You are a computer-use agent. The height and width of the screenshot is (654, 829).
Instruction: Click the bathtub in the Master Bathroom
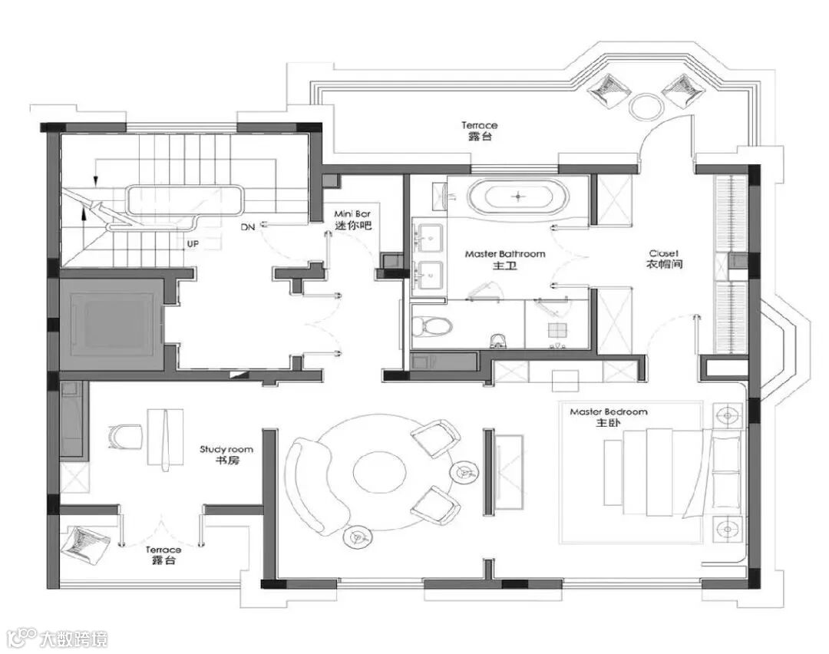click(518, 197)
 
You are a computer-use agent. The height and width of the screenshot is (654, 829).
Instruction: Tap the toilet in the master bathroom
click(431, 325)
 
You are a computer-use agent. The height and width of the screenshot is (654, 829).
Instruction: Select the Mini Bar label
click(352, 220)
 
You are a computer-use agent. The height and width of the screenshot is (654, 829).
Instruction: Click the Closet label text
click(664, 259)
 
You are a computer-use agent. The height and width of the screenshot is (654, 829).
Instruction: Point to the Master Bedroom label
click(609, 417)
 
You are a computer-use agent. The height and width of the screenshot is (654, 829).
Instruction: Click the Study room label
click(226, 454)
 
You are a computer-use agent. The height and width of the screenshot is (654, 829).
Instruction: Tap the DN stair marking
click(247, 226)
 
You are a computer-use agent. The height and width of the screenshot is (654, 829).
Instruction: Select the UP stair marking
click(193, 244)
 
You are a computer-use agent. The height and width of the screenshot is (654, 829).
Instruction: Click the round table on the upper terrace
click(646, 105)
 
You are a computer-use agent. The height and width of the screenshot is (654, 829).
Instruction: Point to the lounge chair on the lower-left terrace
click(84, 544)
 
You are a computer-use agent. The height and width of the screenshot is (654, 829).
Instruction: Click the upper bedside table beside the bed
click(728, 416)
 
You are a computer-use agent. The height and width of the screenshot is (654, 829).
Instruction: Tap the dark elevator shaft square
click(111, 324)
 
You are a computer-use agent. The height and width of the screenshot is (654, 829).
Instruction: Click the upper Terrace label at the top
click(480, 130)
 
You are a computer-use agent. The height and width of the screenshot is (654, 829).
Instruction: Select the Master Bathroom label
click(505, 259)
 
